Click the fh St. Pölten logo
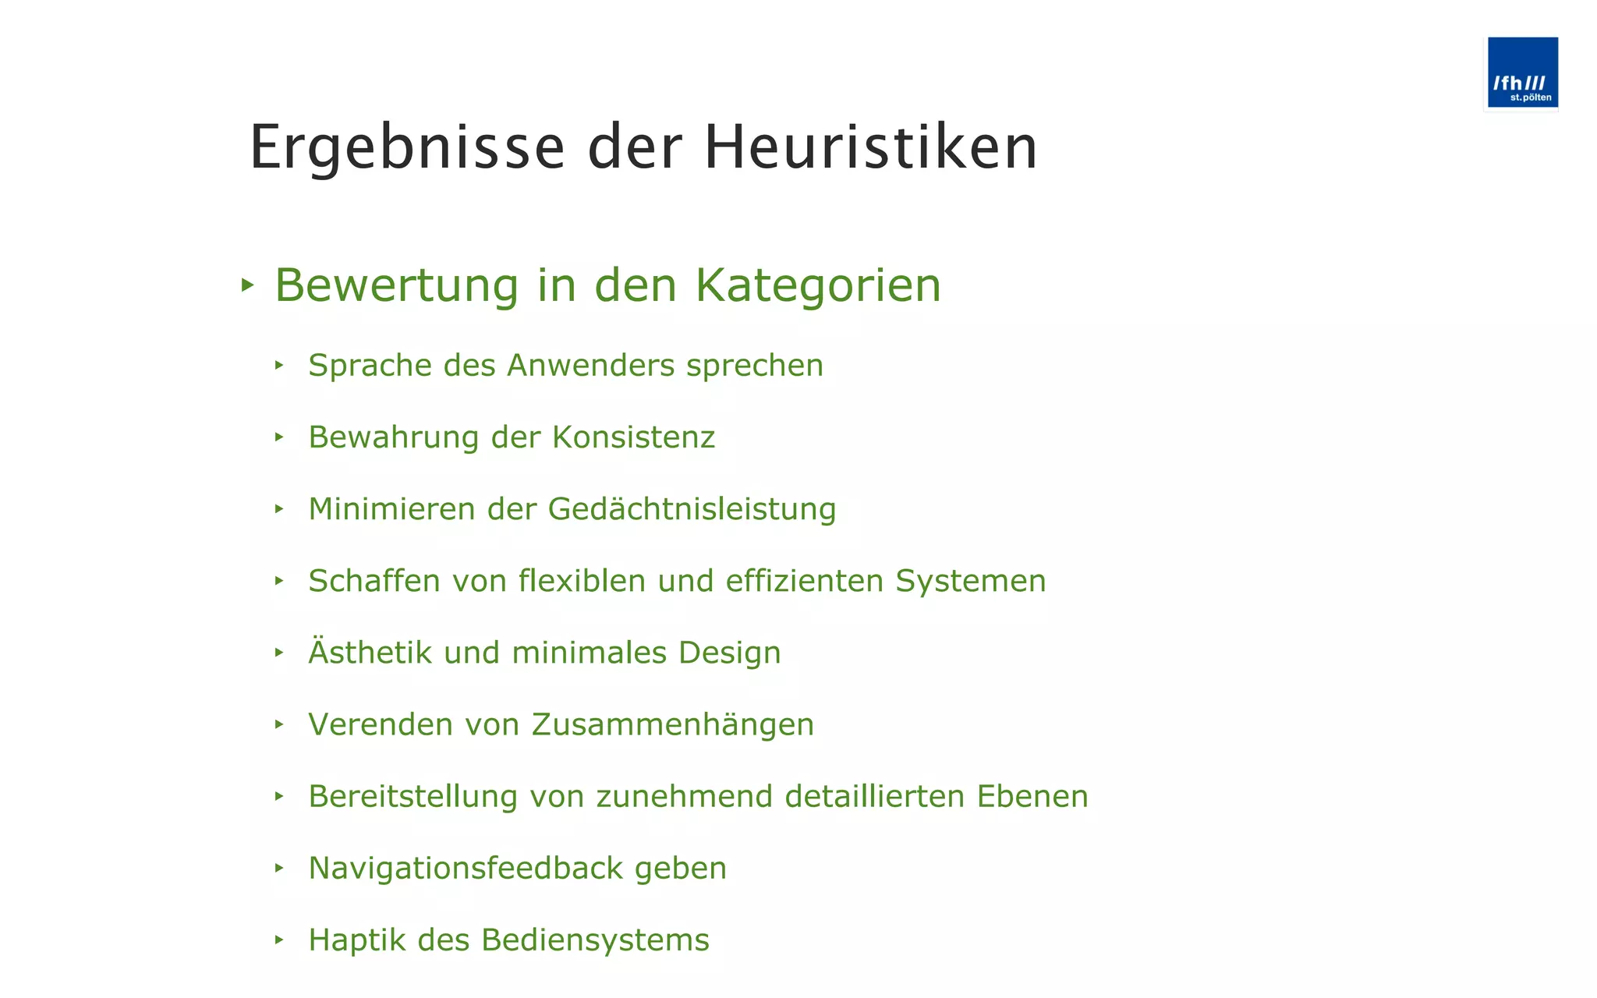1521,73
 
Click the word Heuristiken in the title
870,147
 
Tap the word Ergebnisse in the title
407,147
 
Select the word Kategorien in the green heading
818,285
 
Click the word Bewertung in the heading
396,285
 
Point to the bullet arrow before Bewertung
247,285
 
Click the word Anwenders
590,366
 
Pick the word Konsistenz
633,437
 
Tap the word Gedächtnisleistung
692,510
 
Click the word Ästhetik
370,653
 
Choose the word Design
729,653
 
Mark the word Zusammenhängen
673,725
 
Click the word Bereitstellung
413,797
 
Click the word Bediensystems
595,940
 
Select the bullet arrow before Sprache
279,365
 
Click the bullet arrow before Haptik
279,940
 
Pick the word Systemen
970,582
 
